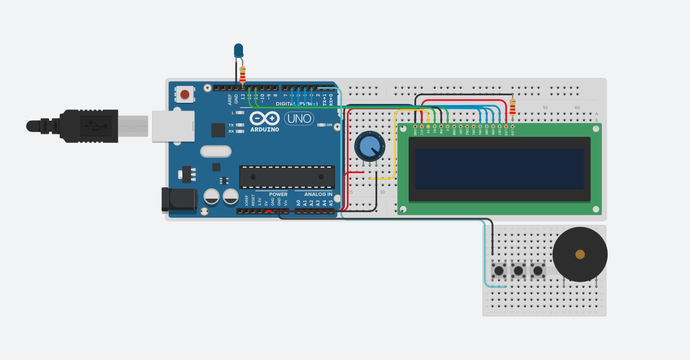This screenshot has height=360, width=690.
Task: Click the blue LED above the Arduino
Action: [x=238, y=51]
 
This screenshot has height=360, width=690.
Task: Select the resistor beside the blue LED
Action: [x=242, y=74]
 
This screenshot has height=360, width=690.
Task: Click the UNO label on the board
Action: [x=299, y=119]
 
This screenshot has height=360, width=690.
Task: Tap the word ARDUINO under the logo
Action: [x=265, y=130]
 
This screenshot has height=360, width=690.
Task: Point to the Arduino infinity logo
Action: [x=265, y=118]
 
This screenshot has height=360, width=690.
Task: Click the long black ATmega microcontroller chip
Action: [x=287, y=176]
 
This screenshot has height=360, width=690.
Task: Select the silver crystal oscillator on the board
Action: [x=215, y=152]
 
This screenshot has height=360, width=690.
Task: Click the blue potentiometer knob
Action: [x=370, y=146]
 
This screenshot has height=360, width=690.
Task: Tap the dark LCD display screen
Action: [x=499, y=168]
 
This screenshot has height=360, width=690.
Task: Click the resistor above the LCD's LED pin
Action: [x=512, y=107]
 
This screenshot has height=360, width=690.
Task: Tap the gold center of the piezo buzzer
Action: [x=580, y=254]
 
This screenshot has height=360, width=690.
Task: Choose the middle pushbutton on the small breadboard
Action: [x=518, y=270]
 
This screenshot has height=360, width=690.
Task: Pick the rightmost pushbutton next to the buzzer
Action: [x=537, y=270]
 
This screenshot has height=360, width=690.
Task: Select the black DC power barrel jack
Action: [x=179, y=199]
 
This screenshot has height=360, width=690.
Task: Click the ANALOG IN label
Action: [x=318, y=194]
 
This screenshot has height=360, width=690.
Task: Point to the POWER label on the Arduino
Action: [x=278, y=194]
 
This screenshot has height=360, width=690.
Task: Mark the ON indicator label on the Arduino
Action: [x=329, y=125]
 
